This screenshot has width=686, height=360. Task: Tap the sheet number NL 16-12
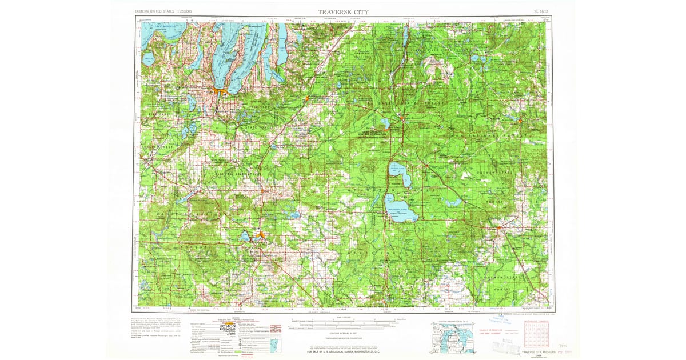coord(539,11)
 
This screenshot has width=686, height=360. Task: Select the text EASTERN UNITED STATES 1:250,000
coord(163,11)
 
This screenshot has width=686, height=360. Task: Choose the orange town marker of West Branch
coord(499,229)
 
